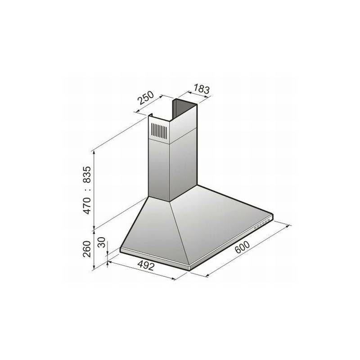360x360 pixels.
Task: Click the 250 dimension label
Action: coord(147,99)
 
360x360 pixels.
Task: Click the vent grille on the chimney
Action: coord(158,130)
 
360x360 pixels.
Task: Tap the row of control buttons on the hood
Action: coord(262,224)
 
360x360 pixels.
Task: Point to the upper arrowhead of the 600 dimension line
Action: coord(290,227)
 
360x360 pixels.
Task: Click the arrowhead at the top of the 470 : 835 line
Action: coord(94,151)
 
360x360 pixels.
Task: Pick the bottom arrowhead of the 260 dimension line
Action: coord(94,270)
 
